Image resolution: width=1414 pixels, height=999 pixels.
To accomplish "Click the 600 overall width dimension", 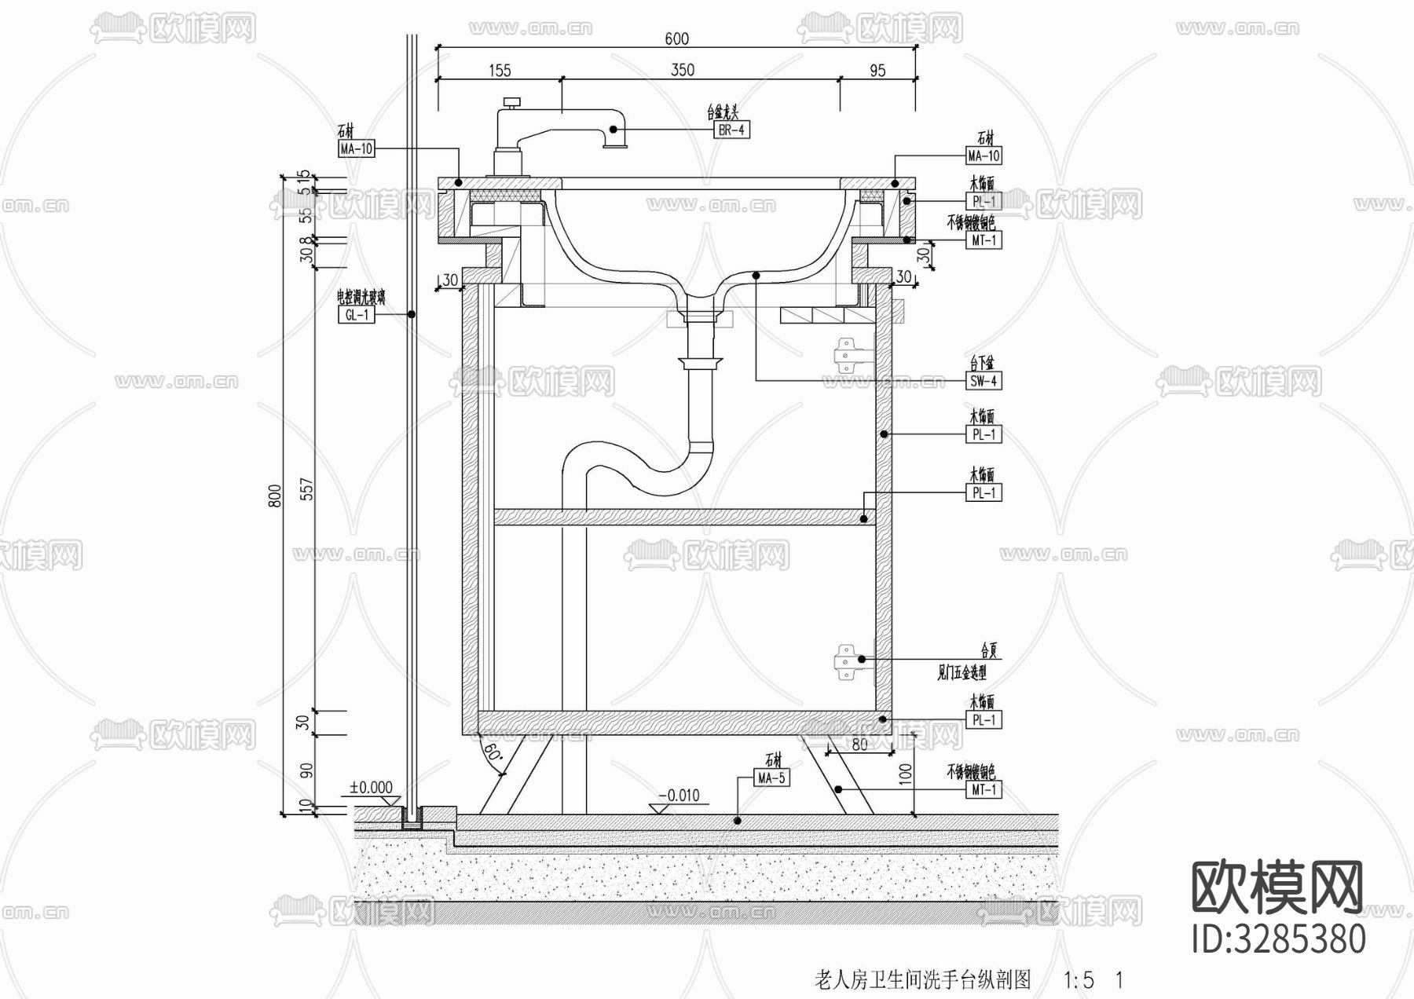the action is [676, 39].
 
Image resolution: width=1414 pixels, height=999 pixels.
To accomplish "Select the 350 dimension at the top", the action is [682, 70].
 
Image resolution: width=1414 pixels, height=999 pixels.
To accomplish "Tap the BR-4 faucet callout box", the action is [731, 130].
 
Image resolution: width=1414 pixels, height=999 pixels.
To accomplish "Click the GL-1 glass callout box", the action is [357, 315].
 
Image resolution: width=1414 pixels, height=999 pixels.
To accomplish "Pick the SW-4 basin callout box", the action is [984, 382].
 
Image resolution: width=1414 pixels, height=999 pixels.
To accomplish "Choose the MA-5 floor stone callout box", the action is [771, 778].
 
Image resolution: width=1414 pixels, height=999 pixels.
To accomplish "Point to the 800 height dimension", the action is [275, 496].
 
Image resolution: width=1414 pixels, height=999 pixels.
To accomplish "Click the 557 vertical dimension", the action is [307, 489].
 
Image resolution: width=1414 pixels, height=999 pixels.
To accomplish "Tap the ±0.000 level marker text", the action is [371, 788].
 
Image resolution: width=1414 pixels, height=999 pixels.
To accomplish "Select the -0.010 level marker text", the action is [678, 796].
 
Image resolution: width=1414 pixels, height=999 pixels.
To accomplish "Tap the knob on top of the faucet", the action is [513, 102].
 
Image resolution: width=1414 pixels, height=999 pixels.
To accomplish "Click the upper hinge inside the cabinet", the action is [846, 353].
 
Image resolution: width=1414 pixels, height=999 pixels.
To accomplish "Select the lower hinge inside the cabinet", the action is [845, 661].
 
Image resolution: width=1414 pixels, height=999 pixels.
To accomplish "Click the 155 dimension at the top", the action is [500, 71].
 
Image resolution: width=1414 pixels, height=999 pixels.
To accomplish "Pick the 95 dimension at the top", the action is [877, 71].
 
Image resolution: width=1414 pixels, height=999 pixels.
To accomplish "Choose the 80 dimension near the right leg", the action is [859, 743].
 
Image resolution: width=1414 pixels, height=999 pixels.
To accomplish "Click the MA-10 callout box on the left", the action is [357, 148].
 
